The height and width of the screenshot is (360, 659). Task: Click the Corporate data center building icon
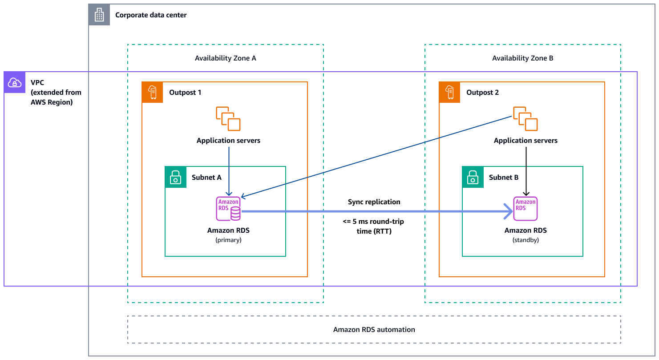tap(99, 15)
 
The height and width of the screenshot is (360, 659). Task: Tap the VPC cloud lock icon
tap(15, 82)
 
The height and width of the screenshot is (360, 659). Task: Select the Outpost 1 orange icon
tap(153, 93)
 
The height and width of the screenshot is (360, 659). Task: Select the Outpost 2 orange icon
tap(450, 93)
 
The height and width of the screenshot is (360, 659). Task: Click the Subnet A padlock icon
tap(176, 177)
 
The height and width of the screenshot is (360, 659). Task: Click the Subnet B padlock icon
tap(473, 177)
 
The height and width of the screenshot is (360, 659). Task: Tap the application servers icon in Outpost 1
tap(228, 119)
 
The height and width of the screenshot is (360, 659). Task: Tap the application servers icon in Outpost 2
tap(526, 119)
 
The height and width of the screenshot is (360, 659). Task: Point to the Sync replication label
tap(374, 202)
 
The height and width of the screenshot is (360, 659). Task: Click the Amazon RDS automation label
tap(374, 330)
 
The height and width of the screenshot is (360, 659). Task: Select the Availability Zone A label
tap(225, 58)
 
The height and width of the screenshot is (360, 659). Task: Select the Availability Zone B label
tap(522, 58)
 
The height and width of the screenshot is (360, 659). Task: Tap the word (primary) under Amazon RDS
tap(228, 239)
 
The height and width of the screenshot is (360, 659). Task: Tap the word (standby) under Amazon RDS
tap(526, 239)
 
